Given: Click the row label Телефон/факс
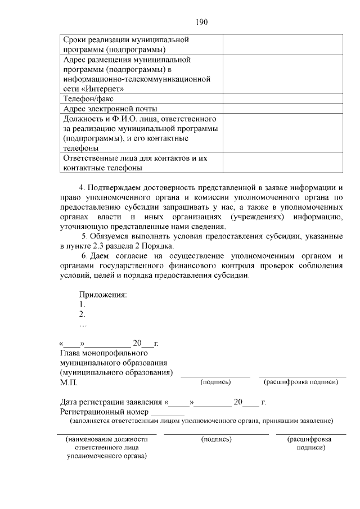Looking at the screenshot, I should (x=89, y=98).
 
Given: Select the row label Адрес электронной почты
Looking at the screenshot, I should (x=110, y=109).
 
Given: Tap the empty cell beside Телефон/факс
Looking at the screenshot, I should (x=283, y=98).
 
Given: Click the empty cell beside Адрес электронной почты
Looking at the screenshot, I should (x=283, y=109).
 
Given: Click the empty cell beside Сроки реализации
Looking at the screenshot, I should (x=283, y=44).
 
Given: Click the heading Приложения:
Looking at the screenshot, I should (x=103, y=295).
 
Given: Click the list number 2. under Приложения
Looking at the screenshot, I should (x=82, y=314).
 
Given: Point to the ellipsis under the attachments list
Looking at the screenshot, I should (x=83, y=325).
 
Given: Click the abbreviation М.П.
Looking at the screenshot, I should (x=69, y=383).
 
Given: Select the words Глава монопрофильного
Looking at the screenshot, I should (x=103, y=353).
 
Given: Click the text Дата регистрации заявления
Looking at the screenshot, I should (x=111, y=402).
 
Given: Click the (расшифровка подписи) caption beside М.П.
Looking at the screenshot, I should (x=301, y=382).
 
